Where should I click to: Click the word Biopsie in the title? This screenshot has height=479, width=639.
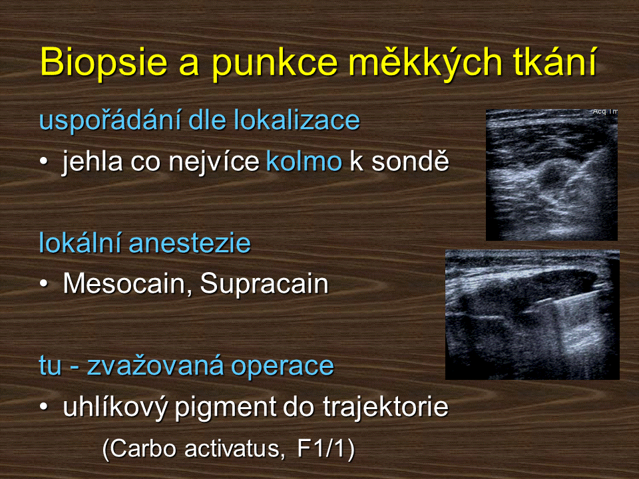click(104, 63)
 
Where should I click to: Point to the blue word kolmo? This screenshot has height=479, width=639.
click(304, 161)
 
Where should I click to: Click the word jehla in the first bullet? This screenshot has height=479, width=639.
click(92, 162)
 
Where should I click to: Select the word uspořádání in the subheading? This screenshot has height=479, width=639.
click(110, 120)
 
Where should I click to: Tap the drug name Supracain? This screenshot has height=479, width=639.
click(264, 284)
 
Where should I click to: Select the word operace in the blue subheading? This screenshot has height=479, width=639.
click(282, 366)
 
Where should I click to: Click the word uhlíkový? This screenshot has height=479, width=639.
click(115, 407)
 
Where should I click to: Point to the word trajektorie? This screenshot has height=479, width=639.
click(385, 407)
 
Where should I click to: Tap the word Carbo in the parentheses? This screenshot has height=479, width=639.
click(144, 449)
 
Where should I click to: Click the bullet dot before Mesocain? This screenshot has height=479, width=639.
click(44, 284)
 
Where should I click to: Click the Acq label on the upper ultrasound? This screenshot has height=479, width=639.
click(600, 111)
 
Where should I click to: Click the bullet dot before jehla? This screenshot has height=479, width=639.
click(44, 162)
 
